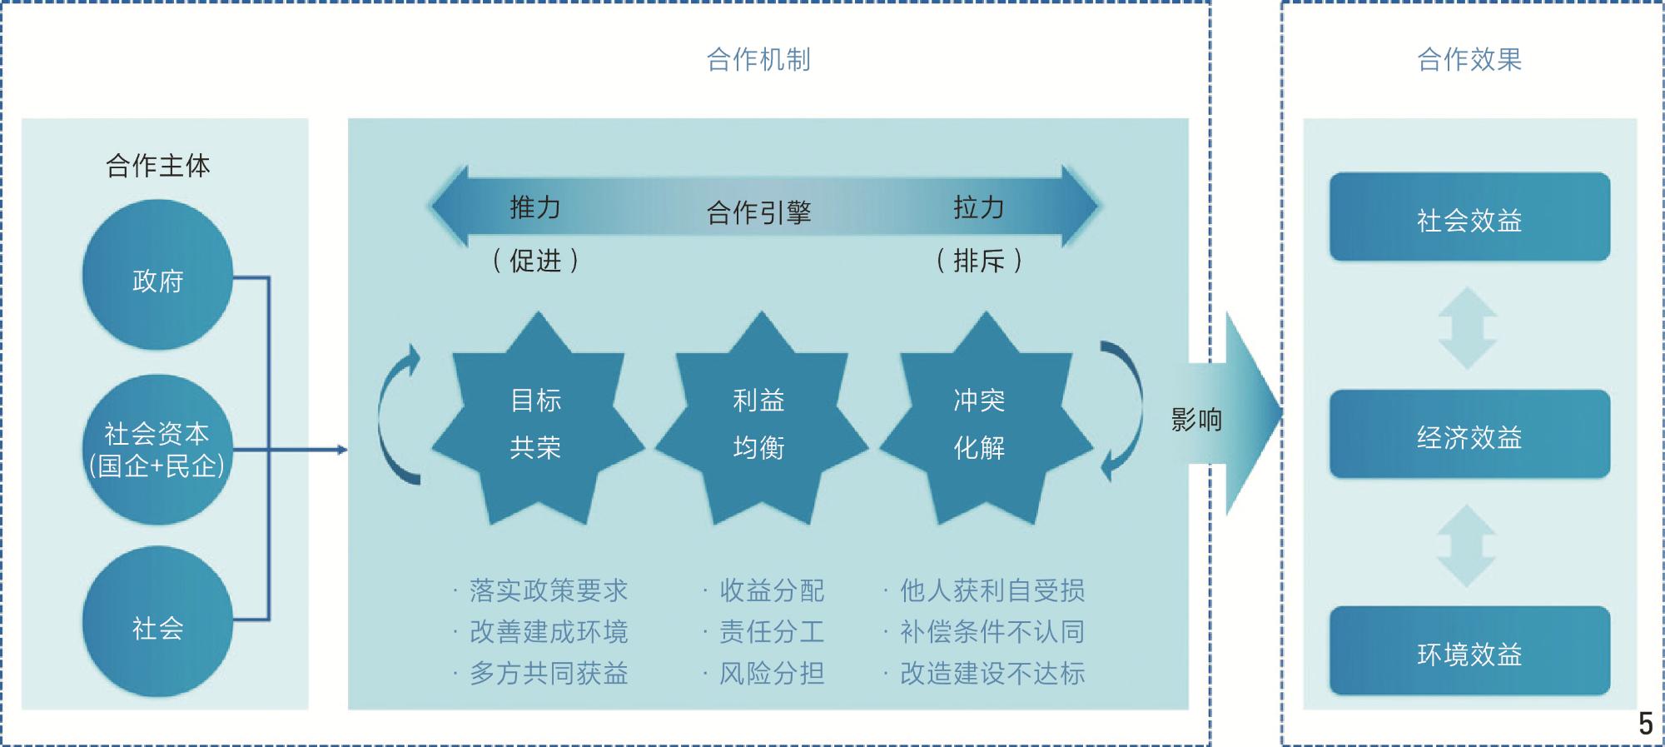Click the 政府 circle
click(157, 275)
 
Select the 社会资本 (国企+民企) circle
click(157, 450)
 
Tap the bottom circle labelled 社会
click(157, 621)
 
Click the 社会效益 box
click(1469, 217)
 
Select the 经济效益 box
click(1469, 434)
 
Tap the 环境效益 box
click(1469, 650)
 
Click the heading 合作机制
click(758, 60)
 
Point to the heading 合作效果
click(1469, 60)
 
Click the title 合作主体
click(157, 166)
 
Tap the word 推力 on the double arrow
click(535, 207)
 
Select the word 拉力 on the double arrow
click(979, 207)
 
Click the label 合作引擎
click(758, 212)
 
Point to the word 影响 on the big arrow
click(1196, 419)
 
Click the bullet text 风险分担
click(772, 673)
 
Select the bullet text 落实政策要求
click(549, 590)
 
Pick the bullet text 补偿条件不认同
click(992, 632)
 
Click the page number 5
click(1645, 724)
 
